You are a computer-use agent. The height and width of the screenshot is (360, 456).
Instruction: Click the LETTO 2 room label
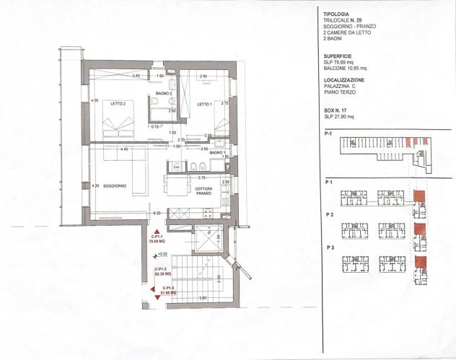click(118, 104)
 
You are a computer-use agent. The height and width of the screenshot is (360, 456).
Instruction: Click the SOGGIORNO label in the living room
click(115, 186)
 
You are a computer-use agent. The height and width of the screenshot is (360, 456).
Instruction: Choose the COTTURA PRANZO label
click(203, 191)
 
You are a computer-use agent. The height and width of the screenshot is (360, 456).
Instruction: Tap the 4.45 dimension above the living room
click(124, 149)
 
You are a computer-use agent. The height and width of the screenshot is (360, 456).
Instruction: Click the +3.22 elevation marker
click(162, 254)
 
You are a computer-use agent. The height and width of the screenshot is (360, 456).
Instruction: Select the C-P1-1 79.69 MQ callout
click(157, 240)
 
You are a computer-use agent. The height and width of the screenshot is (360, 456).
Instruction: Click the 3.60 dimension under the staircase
click(203, 298)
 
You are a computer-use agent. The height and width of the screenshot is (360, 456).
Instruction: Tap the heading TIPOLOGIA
click(338, 14)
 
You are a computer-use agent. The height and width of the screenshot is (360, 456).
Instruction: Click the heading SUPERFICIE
click(339, 56)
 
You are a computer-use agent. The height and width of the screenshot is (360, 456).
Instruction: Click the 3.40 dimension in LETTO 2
click(135, 76)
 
